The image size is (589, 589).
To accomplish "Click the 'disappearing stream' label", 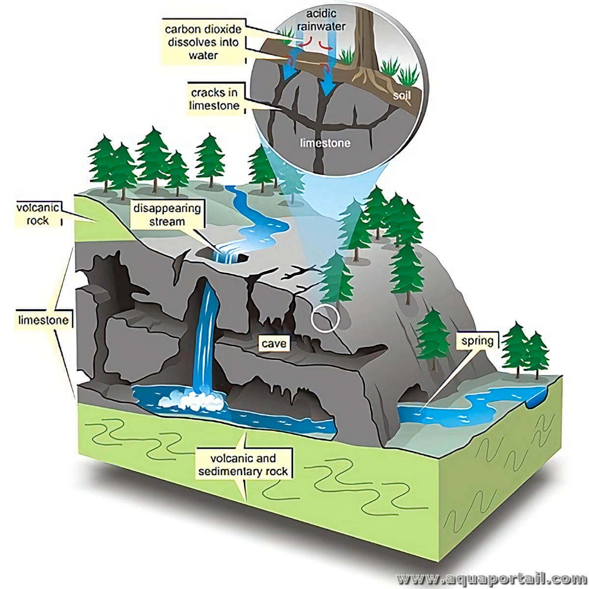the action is pyautogui.click(x=167, y=214).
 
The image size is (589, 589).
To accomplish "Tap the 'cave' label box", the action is pyautogui.click(x=274, y=343).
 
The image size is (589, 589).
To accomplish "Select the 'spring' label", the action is pyautogui.click(x=478, y=341).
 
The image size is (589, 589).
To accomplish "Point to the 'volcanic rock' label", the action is pyautogui.click(x=38, y=214).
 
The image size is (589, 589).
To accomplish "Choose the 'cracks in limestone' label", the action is pyautogui.click(x=215, y=99).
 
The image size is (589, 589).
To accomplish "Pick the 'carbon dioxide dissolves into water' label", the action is pyautogui.click(x=203, y=42).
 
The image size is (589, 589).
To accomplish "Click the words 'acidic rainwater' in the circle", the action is pyautogui.click(x=321, y=20).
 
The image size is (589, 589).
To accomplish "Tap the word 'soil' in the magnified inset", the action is pyautogui.click(x=402, y=96).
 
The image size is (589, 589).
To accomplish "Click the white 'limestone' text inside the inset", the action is pyautogui.click(x=325, y=143).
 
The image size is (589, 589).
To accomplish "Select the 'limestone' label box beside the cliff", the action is pyautogui.click(x=43, y=320).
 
